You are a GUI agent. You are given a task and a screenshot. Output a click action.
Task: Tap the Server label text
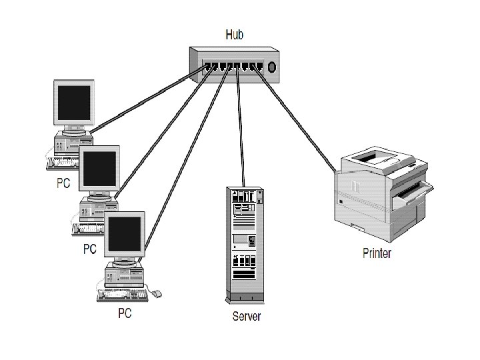[x=246, y=315]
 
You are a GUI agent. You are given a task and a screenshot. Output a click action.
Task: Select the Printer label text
[x=377, y=253]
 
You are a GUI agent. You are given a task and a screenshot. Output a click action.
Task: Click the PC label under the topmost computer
[x=63, y=184]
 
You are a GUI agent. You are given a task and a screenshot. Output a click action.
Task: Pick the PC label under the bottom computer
[x=125, y=313]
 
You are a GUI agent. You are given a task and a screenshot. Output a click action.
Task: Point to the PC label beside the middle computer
[x=89, y=249]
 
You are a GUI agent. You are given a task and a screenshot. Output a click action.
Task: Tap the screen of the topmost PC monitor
[x=74, y=105]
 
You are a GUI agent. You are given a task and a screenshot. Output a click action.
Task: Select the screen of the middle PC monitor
[x=99, y=169]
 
